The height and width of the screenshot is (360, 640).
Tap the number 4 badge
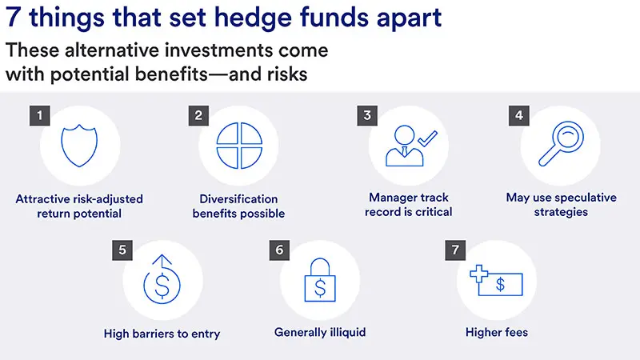519,115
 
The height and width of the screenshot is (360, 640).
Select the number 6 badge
279,250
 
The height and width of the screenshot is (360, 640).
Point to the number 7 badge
455,250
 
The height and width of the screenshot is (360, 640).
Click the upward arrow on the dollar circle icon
163,262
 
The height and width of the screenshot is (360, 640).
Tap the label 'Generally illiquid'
320,332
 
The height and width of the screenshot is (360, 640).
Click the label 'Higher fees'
497,332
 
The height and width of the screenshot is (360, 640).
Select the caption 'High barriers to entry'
162,333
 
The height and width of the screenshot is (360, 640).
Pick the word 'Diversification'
239,198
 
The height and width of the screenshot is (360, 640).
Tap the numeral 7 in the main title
13,18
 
